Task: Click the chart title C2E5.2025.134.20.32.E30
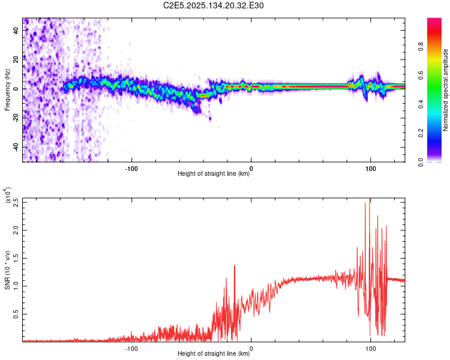(214, 5)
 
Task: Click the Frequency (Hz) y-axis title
(7, 91)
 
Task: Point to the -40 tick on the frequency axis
(17, 147)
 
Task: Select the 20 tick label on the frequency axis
(17, 59)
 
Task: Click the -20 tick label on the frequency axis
(16, 118)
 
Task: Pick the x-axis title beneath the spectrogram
(214, 174)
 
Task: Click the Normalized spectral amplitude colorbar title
(445, 91)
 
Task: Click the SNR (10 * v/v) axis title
(7, 270)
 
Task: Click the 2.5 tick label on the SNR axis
(16, 202)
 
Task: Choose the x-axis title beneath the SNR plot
(214, 354)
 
